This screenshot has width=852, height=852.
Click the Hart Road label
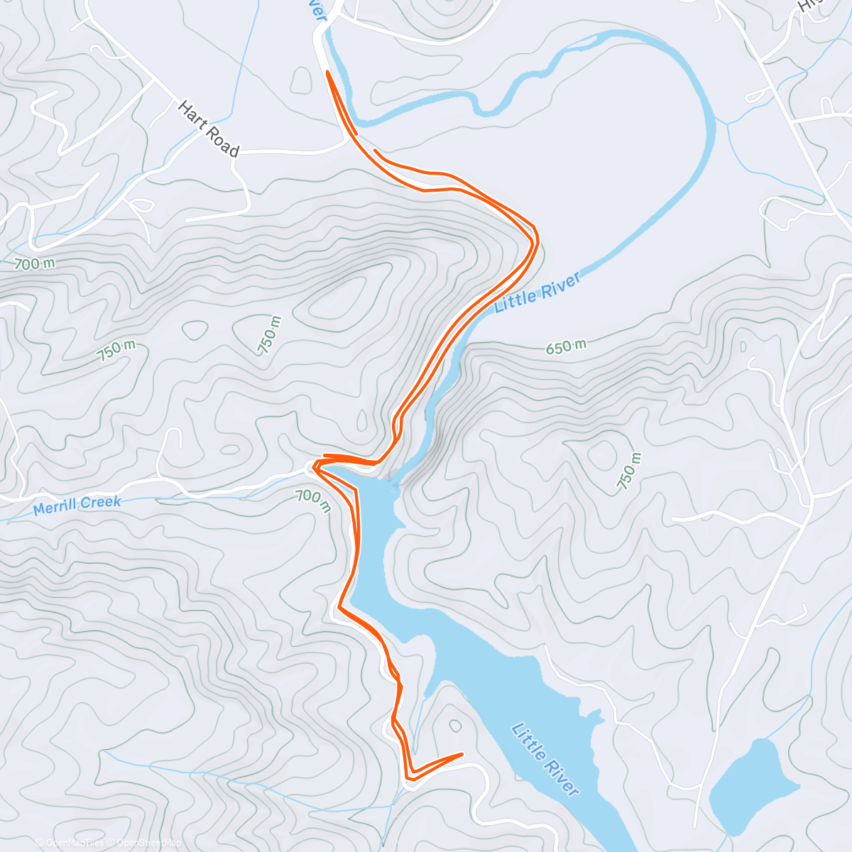208,129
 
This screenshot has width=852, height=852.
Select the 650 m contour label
566,347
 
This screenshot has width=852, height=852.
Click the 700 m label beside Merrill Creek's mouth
313,500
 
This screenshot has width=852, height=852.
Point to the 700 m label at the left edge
34,264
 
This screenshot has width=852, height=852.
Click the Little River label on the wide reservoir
545,759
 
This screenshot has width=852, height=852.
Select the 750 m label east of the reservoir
628,471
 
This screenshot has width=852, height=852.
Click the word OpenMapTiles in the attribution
74,843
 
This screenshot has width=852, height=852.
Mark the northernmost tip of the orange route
327,72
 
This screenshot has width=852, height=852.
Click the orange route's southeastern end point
462,754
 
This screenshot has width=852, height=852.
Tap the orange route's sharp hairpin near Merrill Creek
313,466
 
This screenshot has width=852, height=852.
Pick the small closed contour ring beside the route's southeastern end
455,724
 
